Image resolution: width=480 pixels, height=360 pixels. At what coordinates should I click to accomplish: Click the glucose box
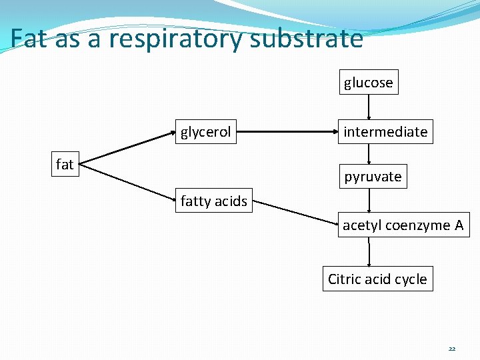[x=369, y=83]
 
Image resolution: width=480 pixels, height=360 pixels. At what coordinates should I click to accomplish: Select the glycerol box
[x=205, y=132]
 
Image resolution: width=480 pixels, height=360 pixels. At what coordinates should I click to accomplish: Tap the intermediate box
[x=385, y=132]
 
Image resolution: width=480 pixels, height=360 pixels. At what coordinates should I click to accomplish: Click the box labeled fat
[x=65, y=165]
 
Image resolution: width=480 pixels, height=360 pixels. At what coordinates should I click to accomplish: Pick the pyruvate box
[x=373, y=177]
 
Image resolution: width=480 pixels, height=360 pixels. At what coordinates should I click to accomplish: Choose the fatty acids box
[x=213, y=201]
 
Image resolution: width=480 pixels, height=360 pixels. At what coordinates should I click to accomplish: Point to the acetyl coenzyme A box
[x=403, y=225]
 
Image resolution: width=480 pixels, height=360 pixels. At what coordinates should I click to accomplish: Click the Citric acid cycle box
[x=377, y=279]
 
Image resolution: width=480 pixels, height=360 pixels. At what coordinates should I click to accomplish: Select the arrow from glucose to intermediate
[x=369, y=107]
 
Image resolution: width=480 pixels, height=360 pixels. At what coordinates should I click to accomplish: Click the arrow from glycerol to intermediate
[x=288, y=132]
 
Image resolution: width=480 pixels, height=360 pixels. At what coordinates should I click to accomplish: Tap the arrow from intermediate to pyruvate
[x=369, y=154]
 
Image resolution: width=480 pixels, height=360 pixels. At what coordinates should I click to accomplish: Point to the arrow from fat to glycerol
[x=127, y=147]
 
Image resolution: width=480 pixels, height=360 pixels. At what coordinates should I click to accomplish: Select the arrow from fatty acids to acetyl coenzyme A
[x=295, y=211]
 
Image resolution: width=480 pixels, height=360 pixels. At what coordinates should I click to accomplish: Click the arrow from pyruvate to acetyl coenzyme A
[x=369, y=201]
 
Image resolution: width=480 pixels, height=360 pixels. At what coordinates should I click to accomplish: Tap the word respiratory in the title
[x=177, y=39]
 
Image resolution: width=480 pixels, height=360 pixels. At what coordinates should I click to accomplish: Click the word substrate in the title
[x=307, y=39]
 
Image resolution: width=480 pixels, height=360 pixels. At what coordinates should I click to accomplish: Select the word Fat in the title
[x=30, y=39]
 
